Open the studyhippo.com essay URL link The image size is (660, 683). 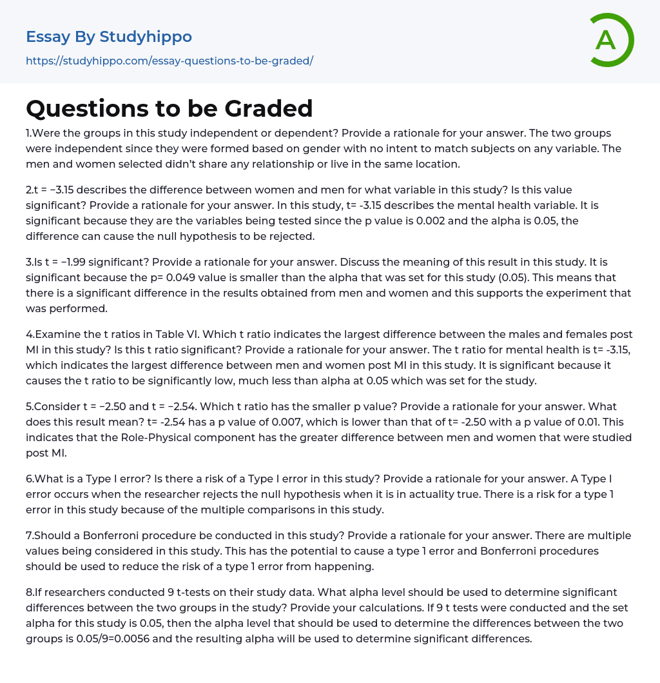coord(170,61)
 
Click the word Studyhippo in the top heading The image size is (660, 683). coord(146,37)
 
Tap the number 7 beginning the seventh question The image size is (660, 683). coord(28,535)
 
